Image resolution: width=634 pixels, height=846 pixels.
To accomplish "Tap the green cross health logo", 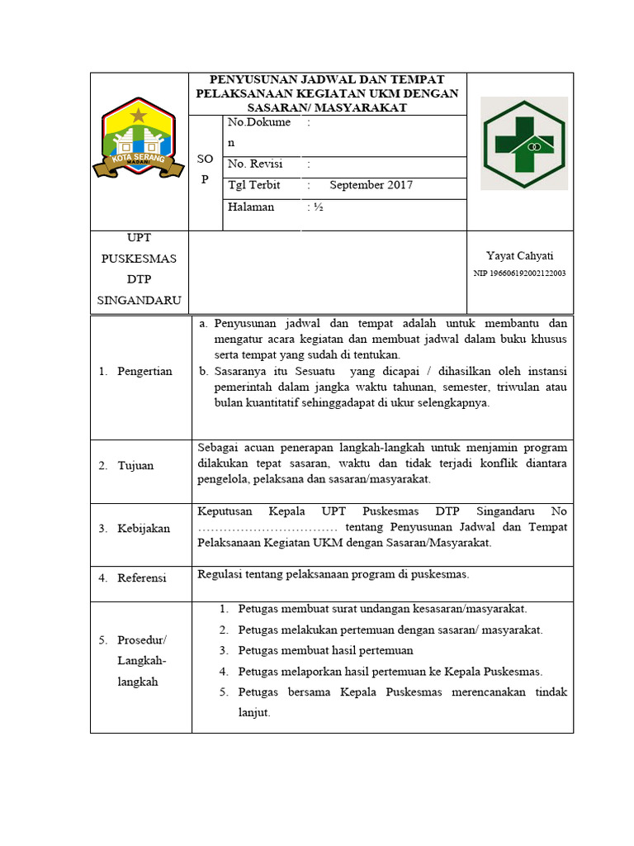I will point(523,144).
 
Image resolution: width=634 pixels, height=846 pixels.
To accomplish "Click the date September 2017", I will point(371,185).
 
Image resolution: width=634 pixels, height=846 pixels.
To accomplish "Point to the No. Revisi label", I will point(255,164).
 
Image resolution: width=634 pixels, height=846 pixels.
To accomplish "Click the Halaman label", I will point(251,207).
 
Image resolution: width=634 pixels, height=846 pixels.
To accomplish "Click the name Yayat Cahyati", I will point(519,256).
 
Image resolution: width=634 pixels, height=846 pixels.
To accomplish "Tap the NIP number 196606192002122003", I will point(519,273).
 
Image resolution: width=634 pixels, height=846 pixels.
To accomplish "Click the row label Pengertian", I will point(144,371).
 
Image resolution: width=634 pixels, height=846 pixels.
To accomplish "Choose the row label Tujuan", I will point(135,465).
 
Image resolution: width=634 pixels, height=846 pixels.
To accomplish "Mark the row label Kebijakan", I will point(144,528).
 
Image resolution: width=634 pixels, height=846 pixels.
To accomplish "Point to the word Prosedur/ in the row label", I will point(142,640).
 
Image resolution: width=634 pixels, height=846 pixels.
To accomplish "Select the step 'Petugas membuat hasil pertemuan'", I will point(325,651).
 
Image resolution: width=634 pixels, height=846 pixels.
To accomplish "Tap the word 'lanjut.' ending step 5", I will point(254,712).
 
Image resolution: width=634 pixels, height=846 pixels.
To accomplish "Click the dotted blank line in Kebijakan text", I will point(267,528).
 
